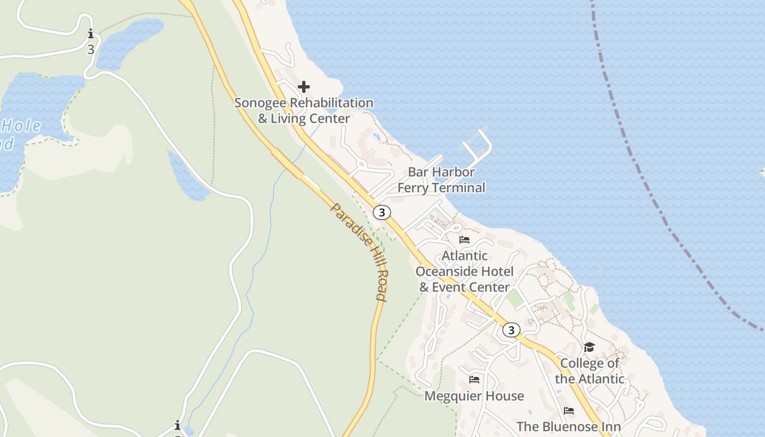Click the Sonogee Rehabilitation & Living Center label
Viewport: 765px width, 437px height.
(304, 110)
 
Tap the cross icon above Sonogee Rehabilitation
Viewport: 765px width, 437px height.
(304, 87)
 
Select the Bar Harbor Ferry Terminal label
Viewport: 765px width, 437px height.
(441, 180)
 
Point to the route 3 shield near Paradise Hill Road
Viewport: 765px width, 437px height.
(382, 212)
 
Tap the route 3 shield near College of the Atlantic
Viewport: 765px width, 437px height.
(511, 330)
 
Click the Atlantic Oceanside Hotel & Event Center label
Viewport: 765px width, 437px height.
(464, 271)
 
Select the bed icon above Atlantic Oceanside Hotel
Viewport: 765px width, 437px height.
(464, 239)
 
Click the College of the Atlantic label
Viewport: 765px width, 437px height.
(590, 371)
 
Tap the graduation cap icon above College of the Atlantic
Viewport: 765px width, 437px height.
(589, 347)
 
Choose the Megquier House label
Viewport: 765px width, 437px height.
(474, 396)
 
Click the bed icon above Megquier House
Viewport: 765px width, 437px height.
(474, 379)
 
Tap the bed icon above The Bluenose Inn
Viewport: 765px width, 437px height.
(569, 411)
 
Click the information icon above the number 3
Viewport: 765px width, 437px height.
(91, 34)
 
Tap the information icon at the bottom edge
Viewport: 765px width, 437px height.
(178, 426)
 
